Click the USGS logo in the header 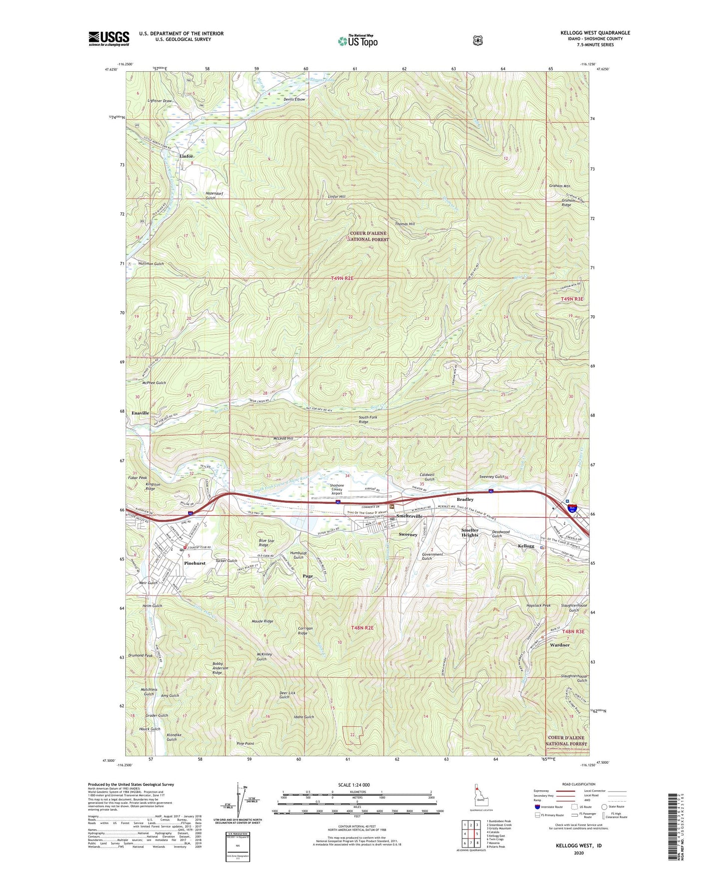pyautogui.click(x=109, y=38)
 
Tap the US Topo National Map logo pyautogui.click(x=357, y=40)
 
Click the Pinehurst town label pyautogui.click(x=195, y=563)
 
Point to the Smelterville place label pyautogui.click(x=409, y=516)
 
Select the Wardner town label pyautogui.click(x=559, y=645)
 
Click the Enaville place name pyautogui.click(x=140, y=413)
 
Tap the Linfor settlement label pyautogui.click(x=186, y=156)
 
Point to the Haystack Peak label pyautogui.click(x=538, y=606)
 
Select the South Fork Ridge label pyautogui.click(x=370, y=419)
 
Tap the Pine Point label pyautogui.click(x=245, y=743)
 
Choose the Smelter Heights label pyautogui.click(x=470, y=532)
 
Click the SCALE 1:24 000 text pyautogui.click(x=354, y=785)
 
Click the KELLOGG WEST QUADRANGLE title pyautogui.click(x=595, y=33)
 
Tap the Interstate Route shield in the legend pyautogui.click(x=537, y=806)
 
